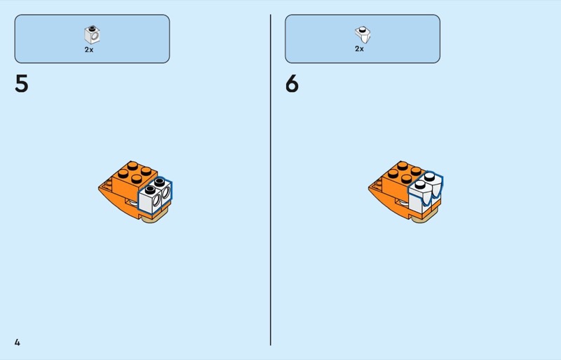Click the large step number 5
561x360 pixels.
coord(22,84)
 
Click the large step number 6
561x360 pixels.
coord(292,84)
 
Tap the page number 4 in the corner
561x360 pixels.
coord(17,342)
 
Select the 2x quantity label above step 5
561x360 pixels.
coord(89,50)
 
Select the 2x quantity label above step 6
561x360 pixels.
coord(360,48)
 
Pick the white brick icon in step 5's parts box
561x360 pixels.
coord(92,35)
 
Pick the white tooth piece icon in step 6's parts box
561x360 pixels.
coord(363,34)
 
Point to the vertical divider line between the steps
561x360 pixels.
coord(271,180)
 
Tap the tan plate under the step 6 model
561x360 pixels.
coord(425,218)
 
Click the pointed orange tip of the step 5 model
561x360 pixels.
coord(99,187)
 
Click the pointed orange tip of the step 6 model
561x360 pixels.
coord(369,187)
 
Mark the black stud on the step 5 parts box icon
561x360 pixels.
coord(93,27)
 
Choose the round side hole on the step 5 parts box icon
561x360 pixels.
coord(95,36)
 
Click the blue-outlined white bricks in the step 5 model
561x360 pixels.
coord(155,195)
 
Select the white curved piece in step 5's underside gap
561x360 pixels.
coord(133,203)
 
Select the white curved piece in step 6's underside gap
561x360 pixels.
coord(403,203)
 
